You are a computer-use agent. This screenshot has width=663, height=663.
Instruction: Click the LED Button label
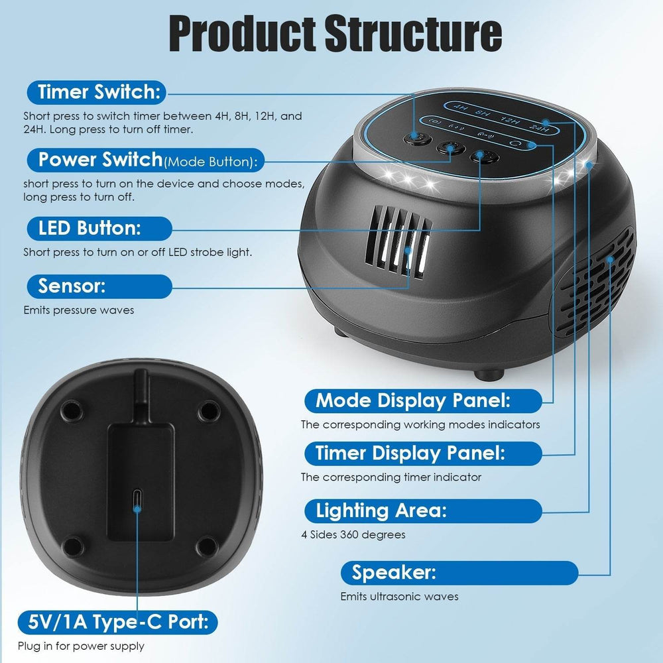click(90, 229)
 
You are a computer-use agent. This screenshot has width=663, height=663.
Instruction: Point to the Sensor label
click(72, 286)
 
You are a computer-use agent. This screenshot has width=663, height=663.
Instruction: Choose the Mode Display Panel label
click(412, 400)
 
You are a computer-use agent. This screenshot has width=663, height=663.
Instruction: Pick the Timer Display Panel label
click(410, 453)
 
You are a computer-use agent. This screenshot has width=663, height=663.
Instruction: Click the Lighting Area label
click(381, 511)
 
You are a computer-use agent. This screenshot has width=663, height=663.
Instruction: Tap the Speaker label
click(394, 572)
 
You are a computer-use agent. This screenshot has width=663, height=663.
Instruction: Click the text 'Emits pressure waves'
click(78, 310)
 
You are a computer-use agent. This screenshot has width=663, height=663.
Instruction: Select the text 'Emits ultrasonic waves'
click(399, 596)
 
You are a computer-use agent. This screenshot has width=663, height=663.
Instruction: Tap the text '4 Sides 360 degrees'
click(353, 534)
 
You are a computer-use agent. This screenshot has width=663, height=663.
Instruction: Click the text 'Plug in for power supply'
click(84, 646)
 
